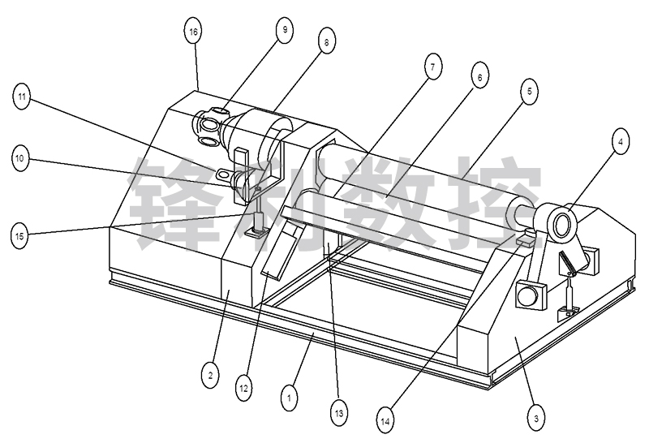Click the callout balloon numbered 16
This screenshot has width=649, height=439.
(x=193, y=32)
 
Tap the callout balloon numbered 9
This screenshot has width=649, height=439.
(x=285, y=29)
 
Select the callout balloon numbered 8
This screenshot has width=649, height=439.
(x=327, y=42)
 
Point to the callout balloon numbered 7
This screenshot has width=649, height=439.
(x=433, y=67)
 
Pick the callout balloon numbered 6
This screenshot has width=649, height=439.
(x=479, y=77)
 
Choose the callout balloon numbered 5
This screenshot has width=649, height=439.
(x=530, y=91)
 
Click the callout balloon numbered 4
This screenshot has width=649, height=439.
(x=620, y=142)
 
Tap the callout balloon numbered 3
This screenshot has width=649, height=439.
(x=536, y=417)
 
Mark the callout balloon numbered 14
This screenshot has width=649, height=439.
(x=385, y=421)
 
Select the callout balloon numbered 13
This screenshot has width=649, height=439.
(x=338, y=412)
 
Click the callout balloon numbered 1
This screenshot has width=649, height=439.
(x=289, y=398)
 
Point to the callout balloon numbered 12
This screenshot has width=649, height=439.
(x=243, y=389)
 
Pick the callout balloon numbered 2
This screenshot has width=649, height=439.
(x=210, y=376)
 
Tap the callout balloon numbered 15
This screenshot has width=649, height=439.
(x=19, y=236)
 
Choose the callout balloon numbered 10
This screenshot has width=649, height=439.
(x=19, y=158)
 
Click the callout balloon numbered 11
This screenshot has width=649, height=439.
(x=22, y=97)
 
